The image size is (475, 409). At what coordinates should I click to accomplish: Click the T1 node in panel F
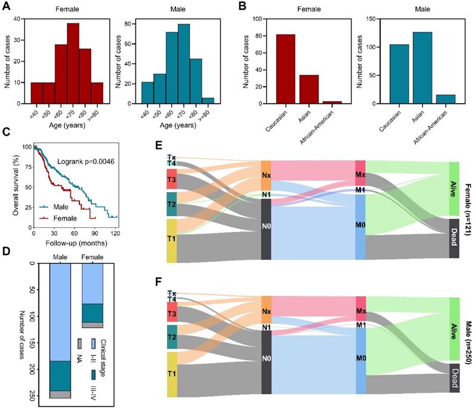point(172,374)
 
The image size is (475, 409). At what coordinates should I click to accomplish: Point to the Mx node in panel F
point(360,311)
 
